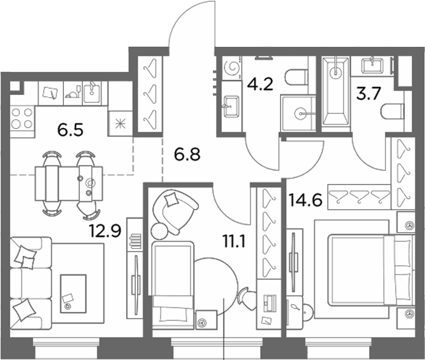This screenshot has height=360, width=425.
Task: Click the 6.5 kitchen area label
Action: click(x=70, y=130)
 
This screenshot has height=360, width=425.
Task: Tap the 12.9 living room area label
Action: click(x=105, y=231)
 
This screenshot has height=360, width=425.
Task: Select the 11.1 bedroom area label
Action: click(x=234, y=241)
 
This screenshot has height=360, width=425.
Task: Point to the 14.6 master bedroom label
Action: click(x=306, y=200)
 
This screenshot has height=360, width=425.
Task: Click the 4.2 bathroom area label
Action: click(x=260, y=84)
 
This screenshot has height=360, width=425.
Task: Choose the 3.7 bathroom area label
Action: click(x=368, y=94)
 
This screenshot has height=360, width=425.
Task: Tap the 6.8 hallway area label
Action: click(x=187, y=155)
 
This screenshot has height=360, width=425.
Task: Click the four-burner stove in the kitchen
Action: click(x=23, y=118)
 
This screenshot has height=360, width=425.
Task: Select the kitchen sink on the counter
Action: click(x=91, y=93)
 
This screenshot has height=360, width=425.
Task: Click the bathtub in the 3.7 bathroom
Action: click(x=335, y=91)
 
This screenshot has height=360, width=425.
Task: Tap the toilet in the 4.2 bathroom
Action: click(x=297, y=77)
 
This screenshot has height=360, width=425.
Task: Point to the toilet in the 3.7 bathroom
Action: click(x=392, y=111)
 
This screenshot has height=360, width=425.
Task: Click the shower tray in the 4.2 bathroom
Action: click(x=298, y=113)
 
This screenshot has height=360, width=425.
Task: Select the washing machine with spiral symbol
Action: click(x=232, y=68)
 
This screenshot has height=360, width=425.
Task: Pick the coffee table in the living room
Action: click(x=73, y=294)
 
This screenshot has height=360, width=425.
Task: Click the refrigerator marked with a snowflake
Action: click(x=121, y=123)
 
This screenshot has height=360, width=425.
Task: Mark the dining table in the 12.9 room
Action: click(x=69, y=183)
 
